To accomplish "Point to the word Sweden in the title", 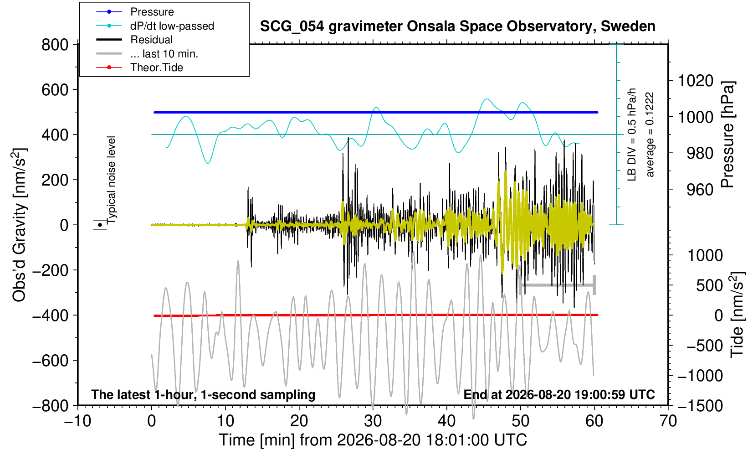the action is coord(628,26).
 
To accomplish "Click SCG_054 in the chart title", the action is coord(292,26).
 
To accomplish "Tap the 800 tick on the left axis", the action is coord(55,44).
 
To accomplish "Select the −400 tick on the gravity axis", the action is coord(51,315).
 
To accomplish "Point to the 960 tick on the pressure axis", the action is coord(700,190).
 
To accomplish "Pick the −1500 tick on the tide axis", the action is coord(700,406).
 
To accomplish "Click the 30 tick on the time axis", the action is coord(373,421).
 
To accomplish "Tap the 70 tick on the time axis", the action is coord(668,421).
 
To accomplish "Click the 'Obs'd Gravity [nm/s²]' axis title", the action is coord(19,225).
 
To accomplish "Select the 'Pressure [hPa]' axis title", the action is coord(728,134).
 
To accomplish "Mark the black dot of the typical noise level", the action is coord(100,225).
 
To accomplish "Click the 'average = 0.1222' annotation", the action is coord(650,134).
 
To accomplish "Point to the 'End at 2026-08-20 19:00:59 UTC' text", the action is coord(559,394).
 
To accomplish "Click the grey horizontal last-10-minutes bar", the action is coord(558,285).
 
